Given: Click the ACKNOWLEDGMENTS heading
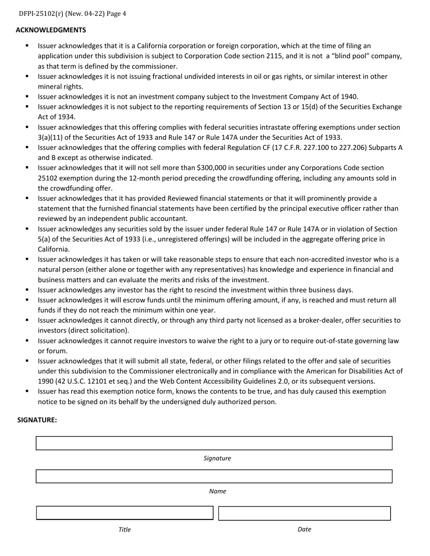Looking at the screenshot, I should coord(51,30).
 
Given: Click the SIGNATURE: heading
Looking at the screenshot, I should coord(37,420).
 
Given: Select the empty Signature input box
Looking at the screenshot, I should coord(214,443).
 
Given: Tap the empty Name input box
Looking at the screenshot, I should coord(214,476).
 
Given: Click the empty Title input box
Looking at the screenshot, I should coord(124,513).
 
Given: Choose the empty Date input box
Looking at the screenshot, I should coord(304,514).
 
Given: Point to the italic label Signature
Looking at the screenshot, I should coord(217,458).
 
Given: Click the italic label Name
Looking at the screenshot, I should coord(217,491).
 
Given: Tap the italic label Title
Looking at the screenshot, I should coord(124,529).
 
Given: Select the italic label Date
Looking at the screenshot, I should coord(304,529).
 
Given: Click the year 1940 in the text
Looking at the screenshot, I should coord(349,96).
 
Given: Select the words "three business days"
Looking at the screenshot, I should coord(322,290).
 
